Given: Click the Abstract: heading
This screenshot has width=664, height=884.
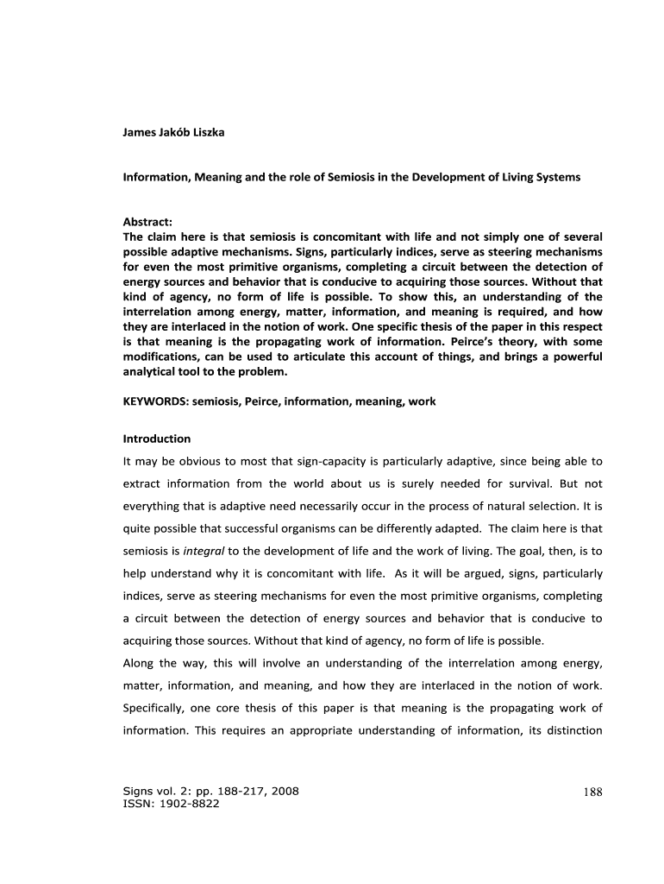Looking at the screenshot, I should click(x=148, y=222).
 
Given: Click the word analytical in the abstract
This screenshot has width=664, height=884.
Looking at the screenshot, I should click(x=153, y=370).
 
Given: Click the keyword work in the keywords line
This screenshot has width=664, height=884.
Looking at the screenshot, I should click(x=423, y=401).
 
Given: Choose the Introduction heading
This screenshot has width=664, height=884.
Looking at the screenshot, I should click(x=157, y=439).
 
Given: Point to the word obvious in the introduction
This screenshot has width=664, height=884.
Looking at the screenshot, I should click(x=193, y=461).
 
